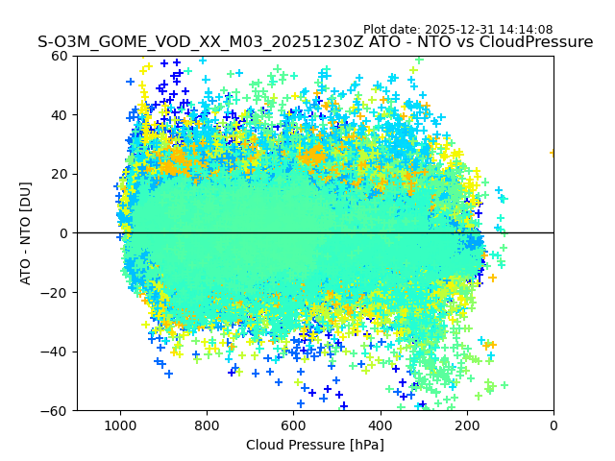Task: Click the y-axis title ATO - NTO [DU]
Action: tap(27, 233)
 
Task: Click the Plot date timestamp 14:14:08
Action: tap(525, 30)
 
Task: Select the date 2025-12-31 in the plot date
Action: tap(458, 30)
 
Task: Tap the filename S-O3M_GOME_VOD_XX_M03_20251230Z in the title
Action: tap(202, 42)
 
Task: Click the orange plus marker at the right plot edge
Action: tap(553, 153)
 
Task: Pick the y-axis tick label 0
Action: tap(64, 233)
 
